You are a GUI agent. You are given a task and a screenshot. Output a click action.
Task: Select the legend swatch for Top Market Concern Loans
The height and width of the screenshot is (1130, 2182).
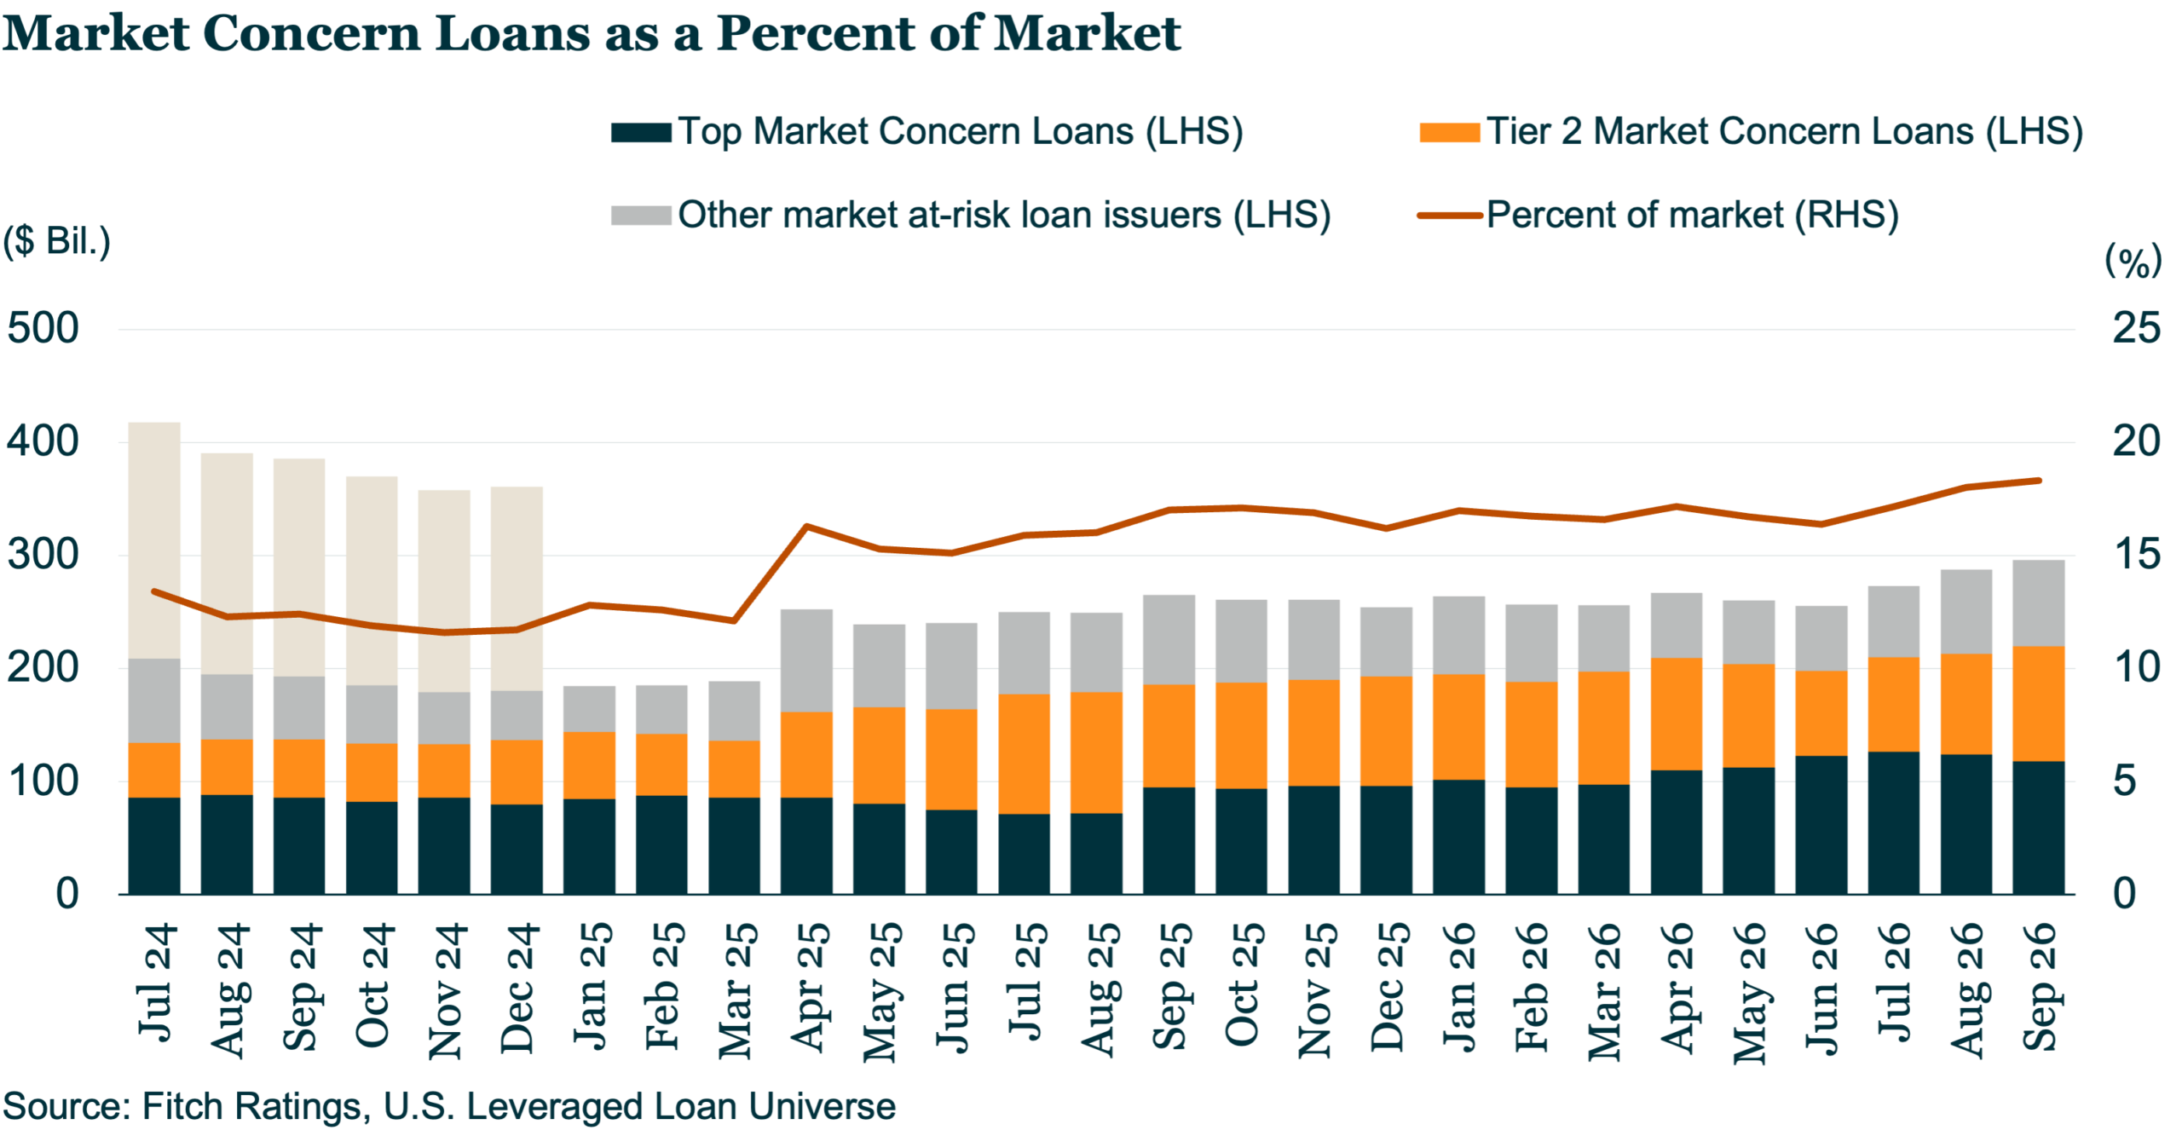tap(640, 133)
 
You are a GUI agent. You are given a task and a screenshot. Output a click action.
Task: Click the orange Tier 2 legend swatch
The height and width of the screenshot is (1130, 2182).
tap(1448, 133)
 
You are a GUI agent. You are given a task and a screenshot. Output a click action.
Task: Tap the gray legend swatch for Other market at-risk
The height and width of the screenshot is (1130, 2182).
tap(640, 216)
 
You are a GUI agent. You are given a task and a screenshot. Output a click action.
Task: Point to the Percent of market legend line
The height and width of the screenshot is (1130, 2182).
tap(1448, 216)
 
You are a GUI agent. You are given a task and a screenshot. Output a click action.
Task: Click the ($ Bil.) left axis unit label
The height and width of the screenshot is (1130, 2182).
tap(56, 241)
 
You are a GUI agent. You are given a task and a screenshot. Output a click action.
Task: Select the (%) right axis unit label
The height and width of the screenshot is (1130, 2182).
tap(2133, 260)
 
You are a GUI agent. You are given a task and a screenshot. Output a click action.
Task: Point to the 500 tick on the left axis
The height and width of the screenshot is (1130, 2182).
tap(43, 329)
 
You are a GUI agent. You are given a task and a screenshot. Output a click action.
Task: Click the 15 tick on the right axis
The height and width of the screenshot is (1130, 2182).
tap(2136, 555)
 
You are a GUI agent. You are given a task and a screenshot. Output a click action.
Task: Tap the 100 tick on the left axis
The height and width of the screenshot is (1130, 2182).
tap(43, 781)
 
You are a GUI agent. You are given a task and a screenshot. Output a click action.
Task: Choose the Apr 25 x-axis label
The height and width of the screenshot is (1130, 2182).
tap(810, 988)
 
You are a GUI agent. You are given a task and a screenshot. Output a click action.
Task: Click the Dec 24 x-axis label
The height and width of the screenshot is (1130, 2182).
tap(517, 988)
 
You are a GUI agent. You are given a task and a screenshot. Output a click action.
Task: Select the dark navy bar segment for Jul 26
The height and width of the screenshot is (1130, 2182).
tap(1893, 823)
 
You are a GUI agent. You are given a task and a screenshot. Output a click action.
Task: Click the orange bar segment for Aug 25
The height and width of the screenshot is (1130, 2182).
tap(1096, 752)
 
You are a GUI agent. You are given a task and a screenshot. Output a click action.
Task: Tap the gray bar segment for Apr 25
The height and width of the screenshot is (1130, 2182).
tap(806, 660)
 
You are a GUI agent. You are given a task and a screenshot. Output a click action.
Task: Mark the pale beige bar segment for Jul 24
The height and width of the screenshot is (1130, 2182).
tap(154, 540)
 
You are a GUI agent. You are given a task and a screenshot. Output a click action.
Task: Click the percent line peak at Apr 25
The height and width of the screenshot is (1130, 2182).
tap(806, 526)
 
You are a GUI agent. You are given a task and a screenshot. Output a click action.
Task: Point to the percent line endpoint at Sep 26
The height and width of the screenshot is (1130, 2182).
tap(2039, 481)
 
